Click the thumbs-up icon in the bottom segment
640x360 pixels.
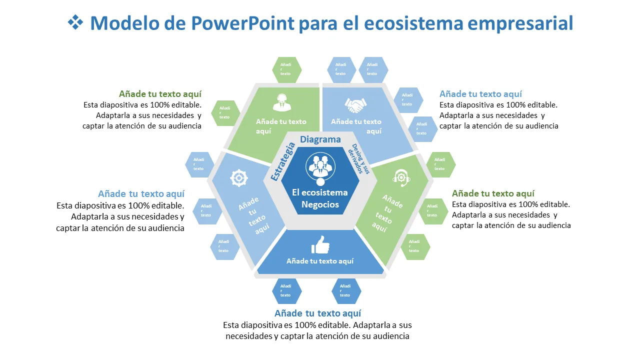point(320,245)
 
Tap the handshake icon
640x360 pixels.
point(355,105)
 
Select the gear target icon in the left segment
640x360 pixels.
point(239,178)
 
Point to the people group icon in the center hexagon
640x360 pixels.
point(320,166)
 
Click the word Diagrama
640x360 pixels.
point(320,140)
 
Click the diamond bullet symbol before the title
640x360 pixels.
point(75,22)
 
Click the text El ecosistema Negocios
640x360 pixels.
point(320,198)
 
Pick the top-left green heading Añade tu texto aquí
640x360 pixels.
point(160,94)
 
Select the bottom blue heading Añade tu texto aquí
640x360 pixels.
point(317,313)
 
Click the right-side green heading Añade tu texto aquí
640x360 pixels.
point(493,193)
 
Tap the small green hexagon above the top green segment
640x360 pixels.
point(286,69)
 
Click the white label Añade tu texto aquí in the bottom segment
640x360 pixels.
point(320,261)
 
